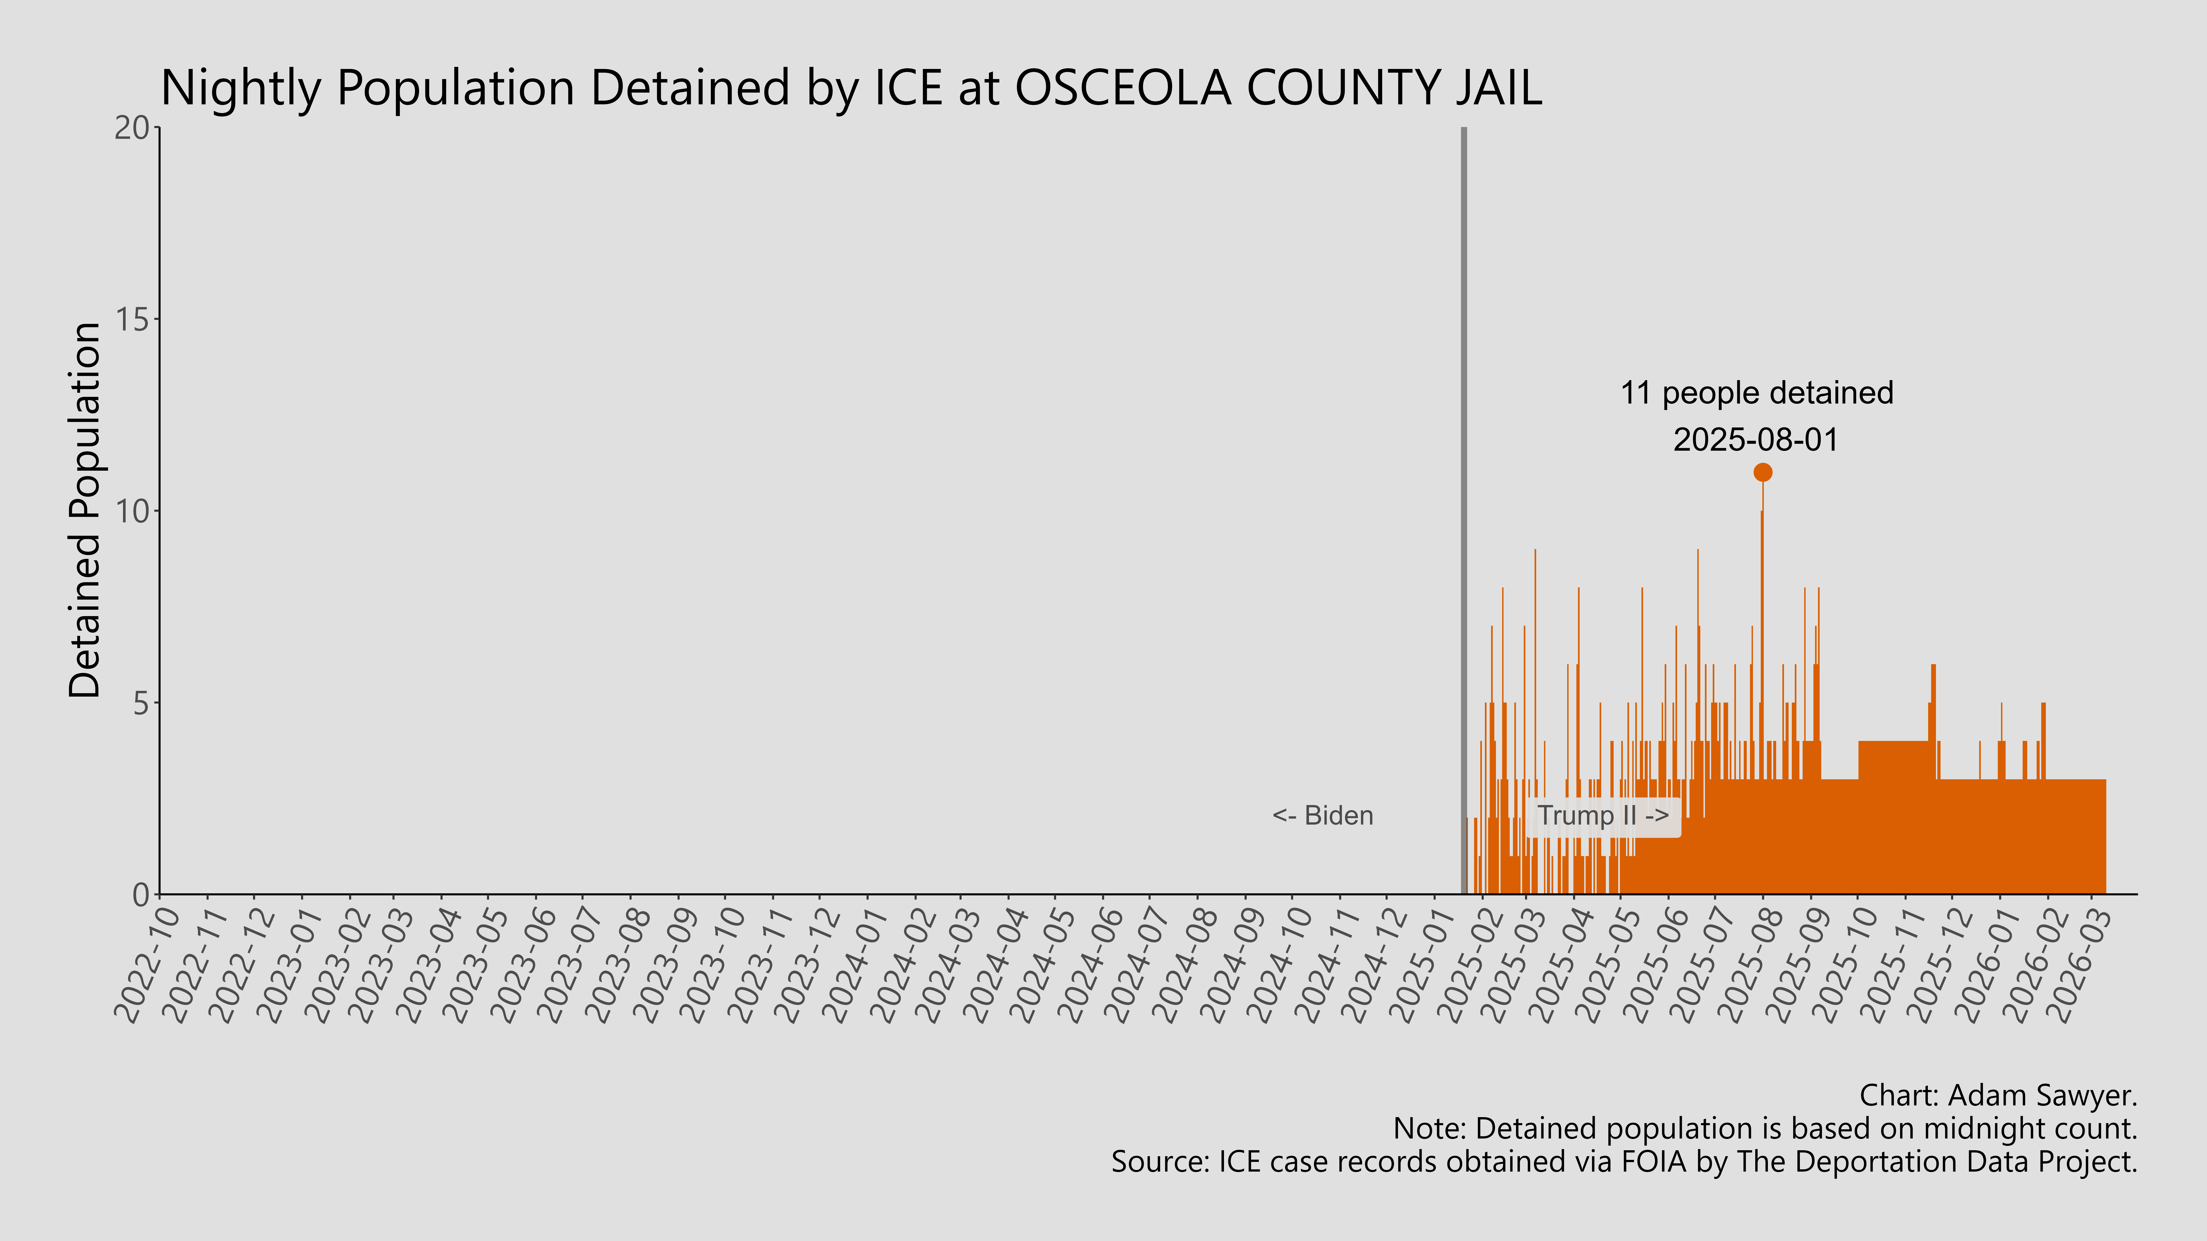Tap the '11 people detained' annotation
(x=1756, y=393)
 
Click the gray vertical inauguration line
(x=1463, y=514)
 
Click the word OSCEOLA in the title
(x=1122, y=88)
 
